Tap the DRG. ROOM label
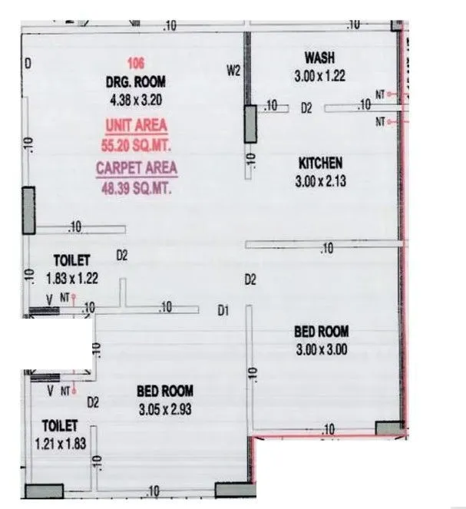tap(136, 81)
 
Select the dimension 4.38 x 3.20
tap(136, 98)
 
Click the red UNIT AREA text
tap(136, 124)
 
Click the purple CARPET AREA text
tap(136, 168)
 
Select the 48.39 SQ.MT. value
tap(136, 186)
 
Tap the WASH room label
tap(320, 58)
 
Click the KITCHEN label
tap(320, 163)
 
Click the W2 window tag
tap(234, 71)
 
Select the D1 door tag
tap(223, 311)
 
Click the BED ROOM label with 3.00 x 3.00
tap(322, 332)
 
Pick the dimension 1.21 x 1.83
tap(60, 443)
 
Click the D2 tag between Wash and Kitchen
tap(306, 109)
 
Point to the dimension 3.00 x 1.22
tap(320, 75)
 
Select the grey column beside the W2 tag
tap(250, 124)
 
